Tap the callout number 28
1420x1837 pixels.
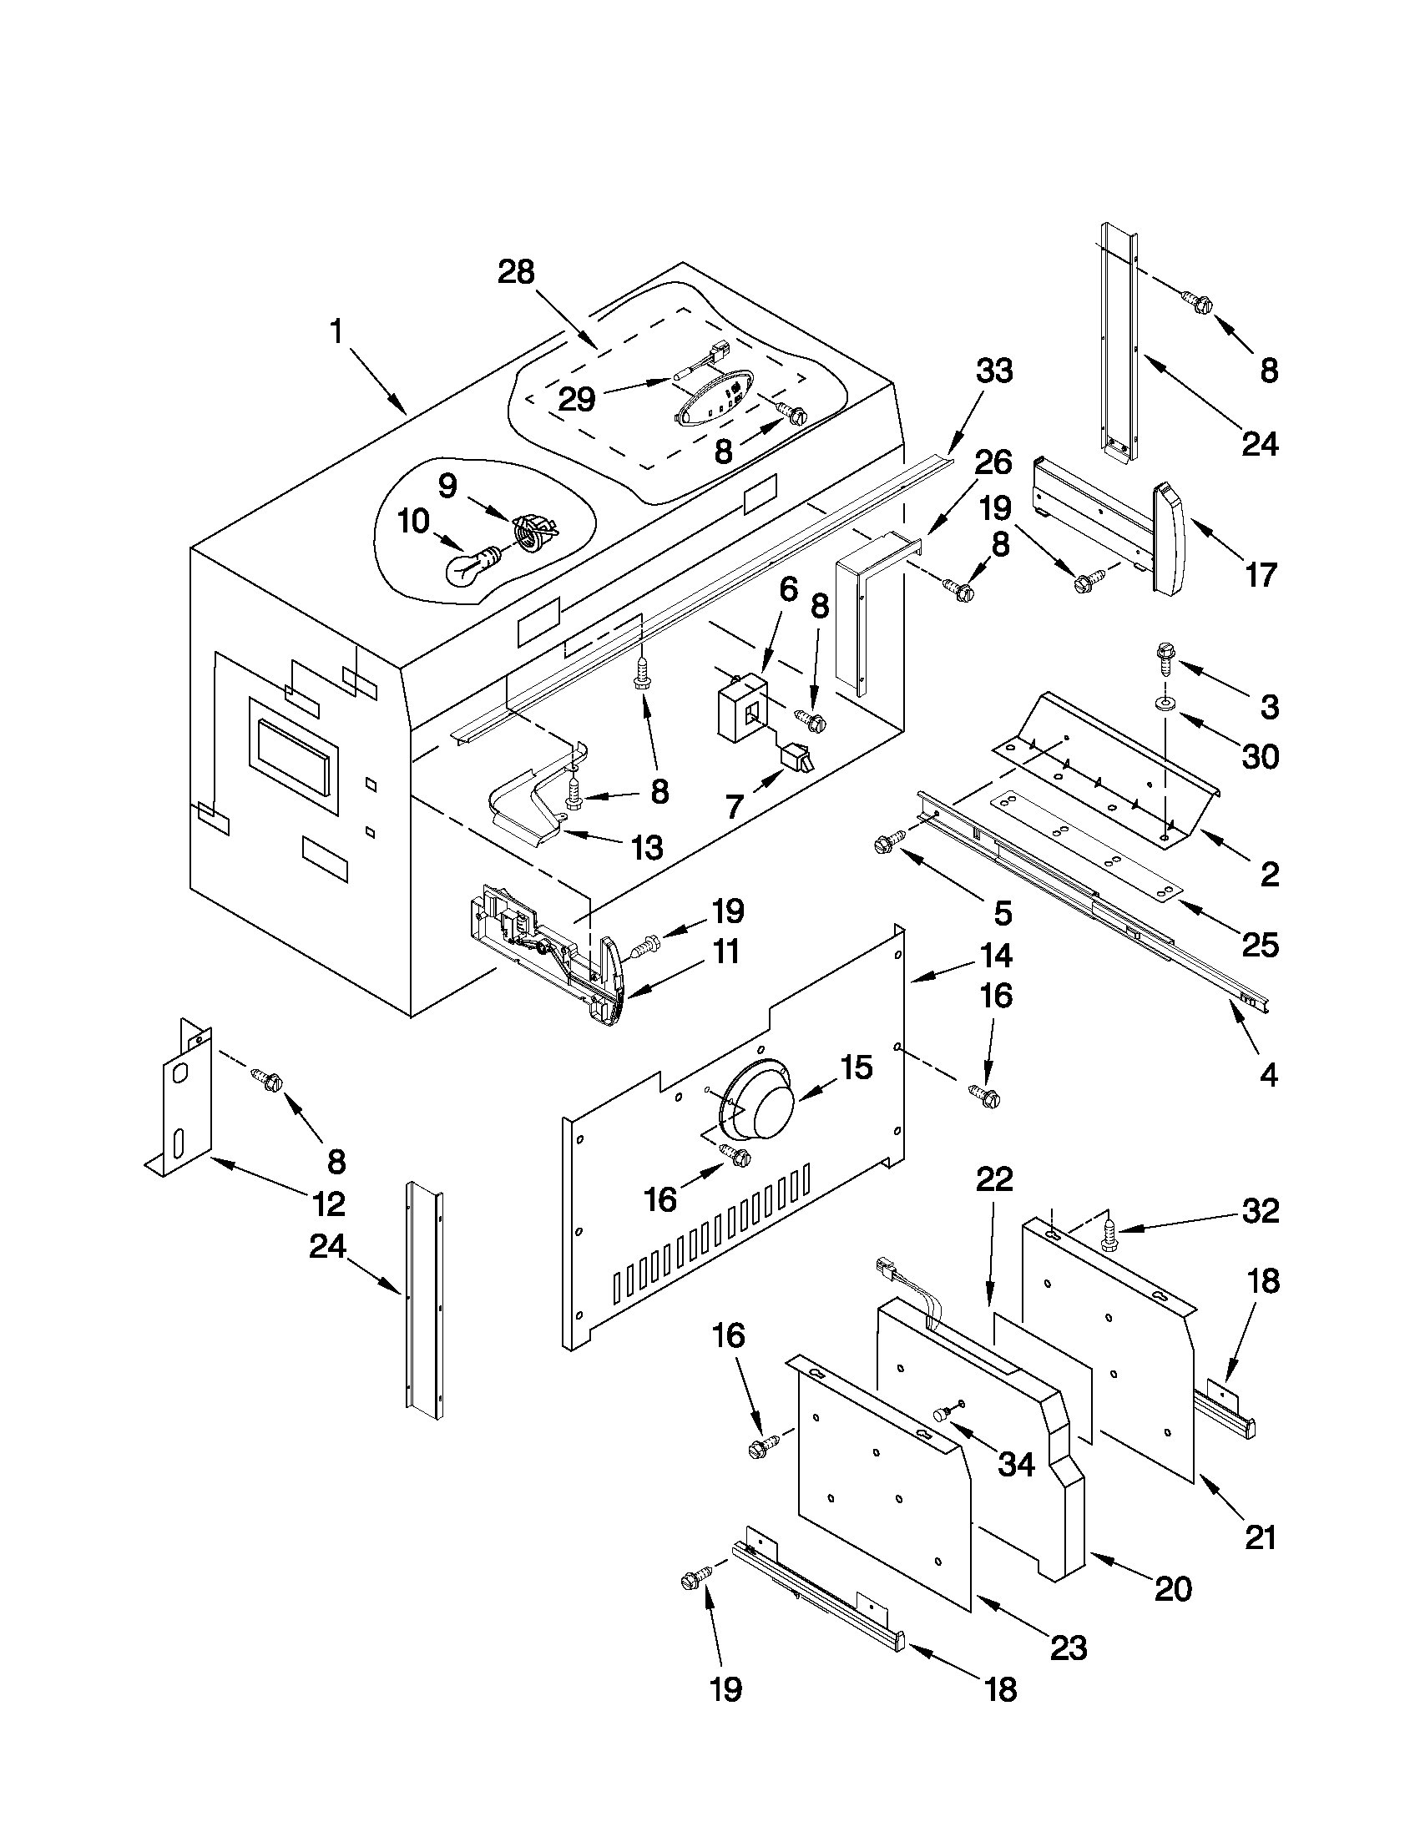pos(516,273)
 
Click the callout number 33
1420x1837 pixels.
pos(993,371)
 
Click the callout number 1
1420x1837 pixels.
pos(336,332)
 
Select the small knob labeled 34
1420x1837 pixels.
pos(942,1416)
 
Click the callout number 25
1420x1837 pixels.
pos(1259,946)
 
